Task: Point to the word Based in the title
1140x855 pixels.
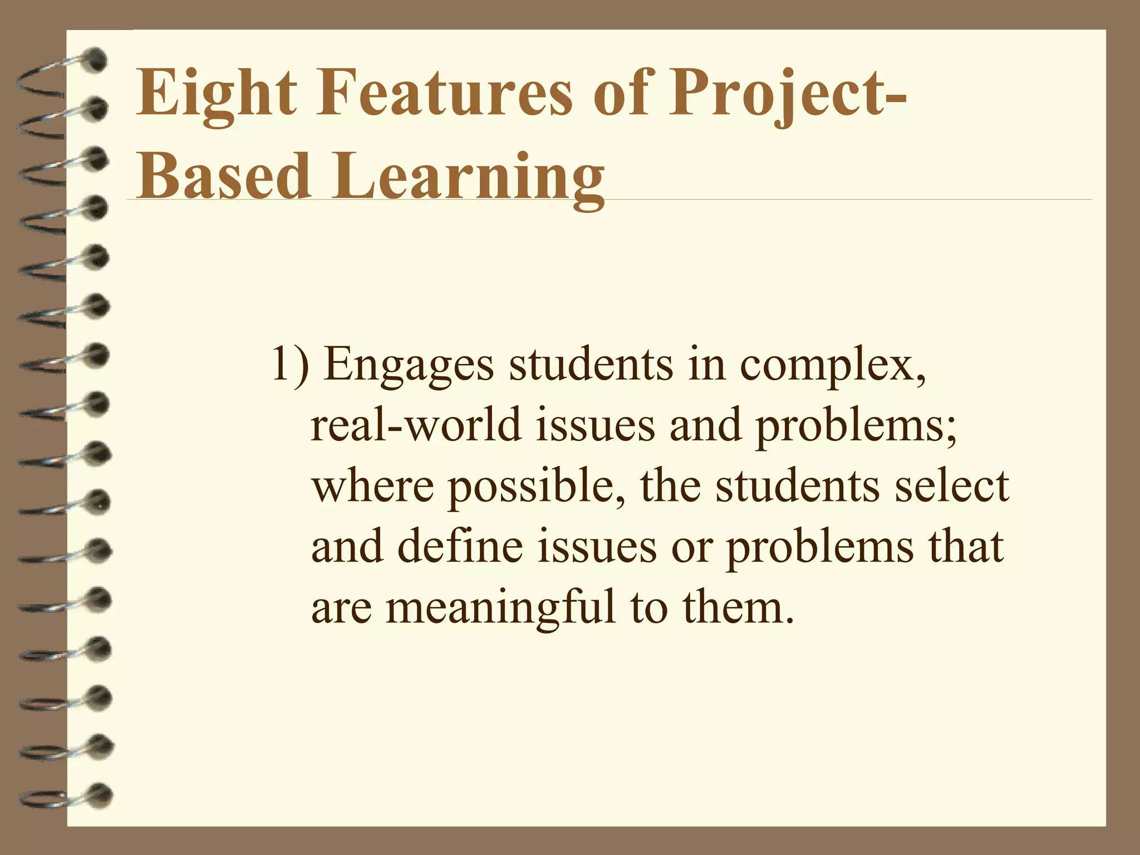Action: (x=223, y=175)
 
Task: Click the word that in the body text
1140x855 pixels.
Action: (x=966, y=546)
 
